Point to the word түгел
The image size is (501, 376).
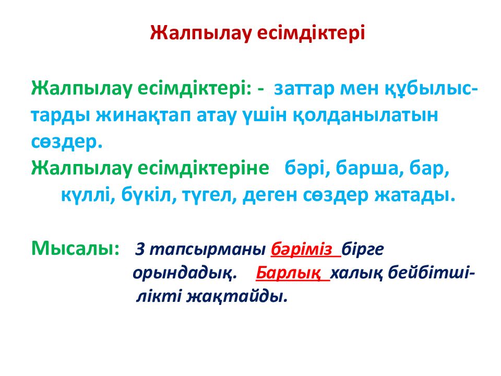pyautogui.click(x=203, y=196)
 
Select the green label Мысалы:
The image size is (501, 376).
pyautogui.click(x=75, y=248)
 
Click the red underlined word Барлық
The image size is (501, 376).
pyautogui.click(x=289, y=274)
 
